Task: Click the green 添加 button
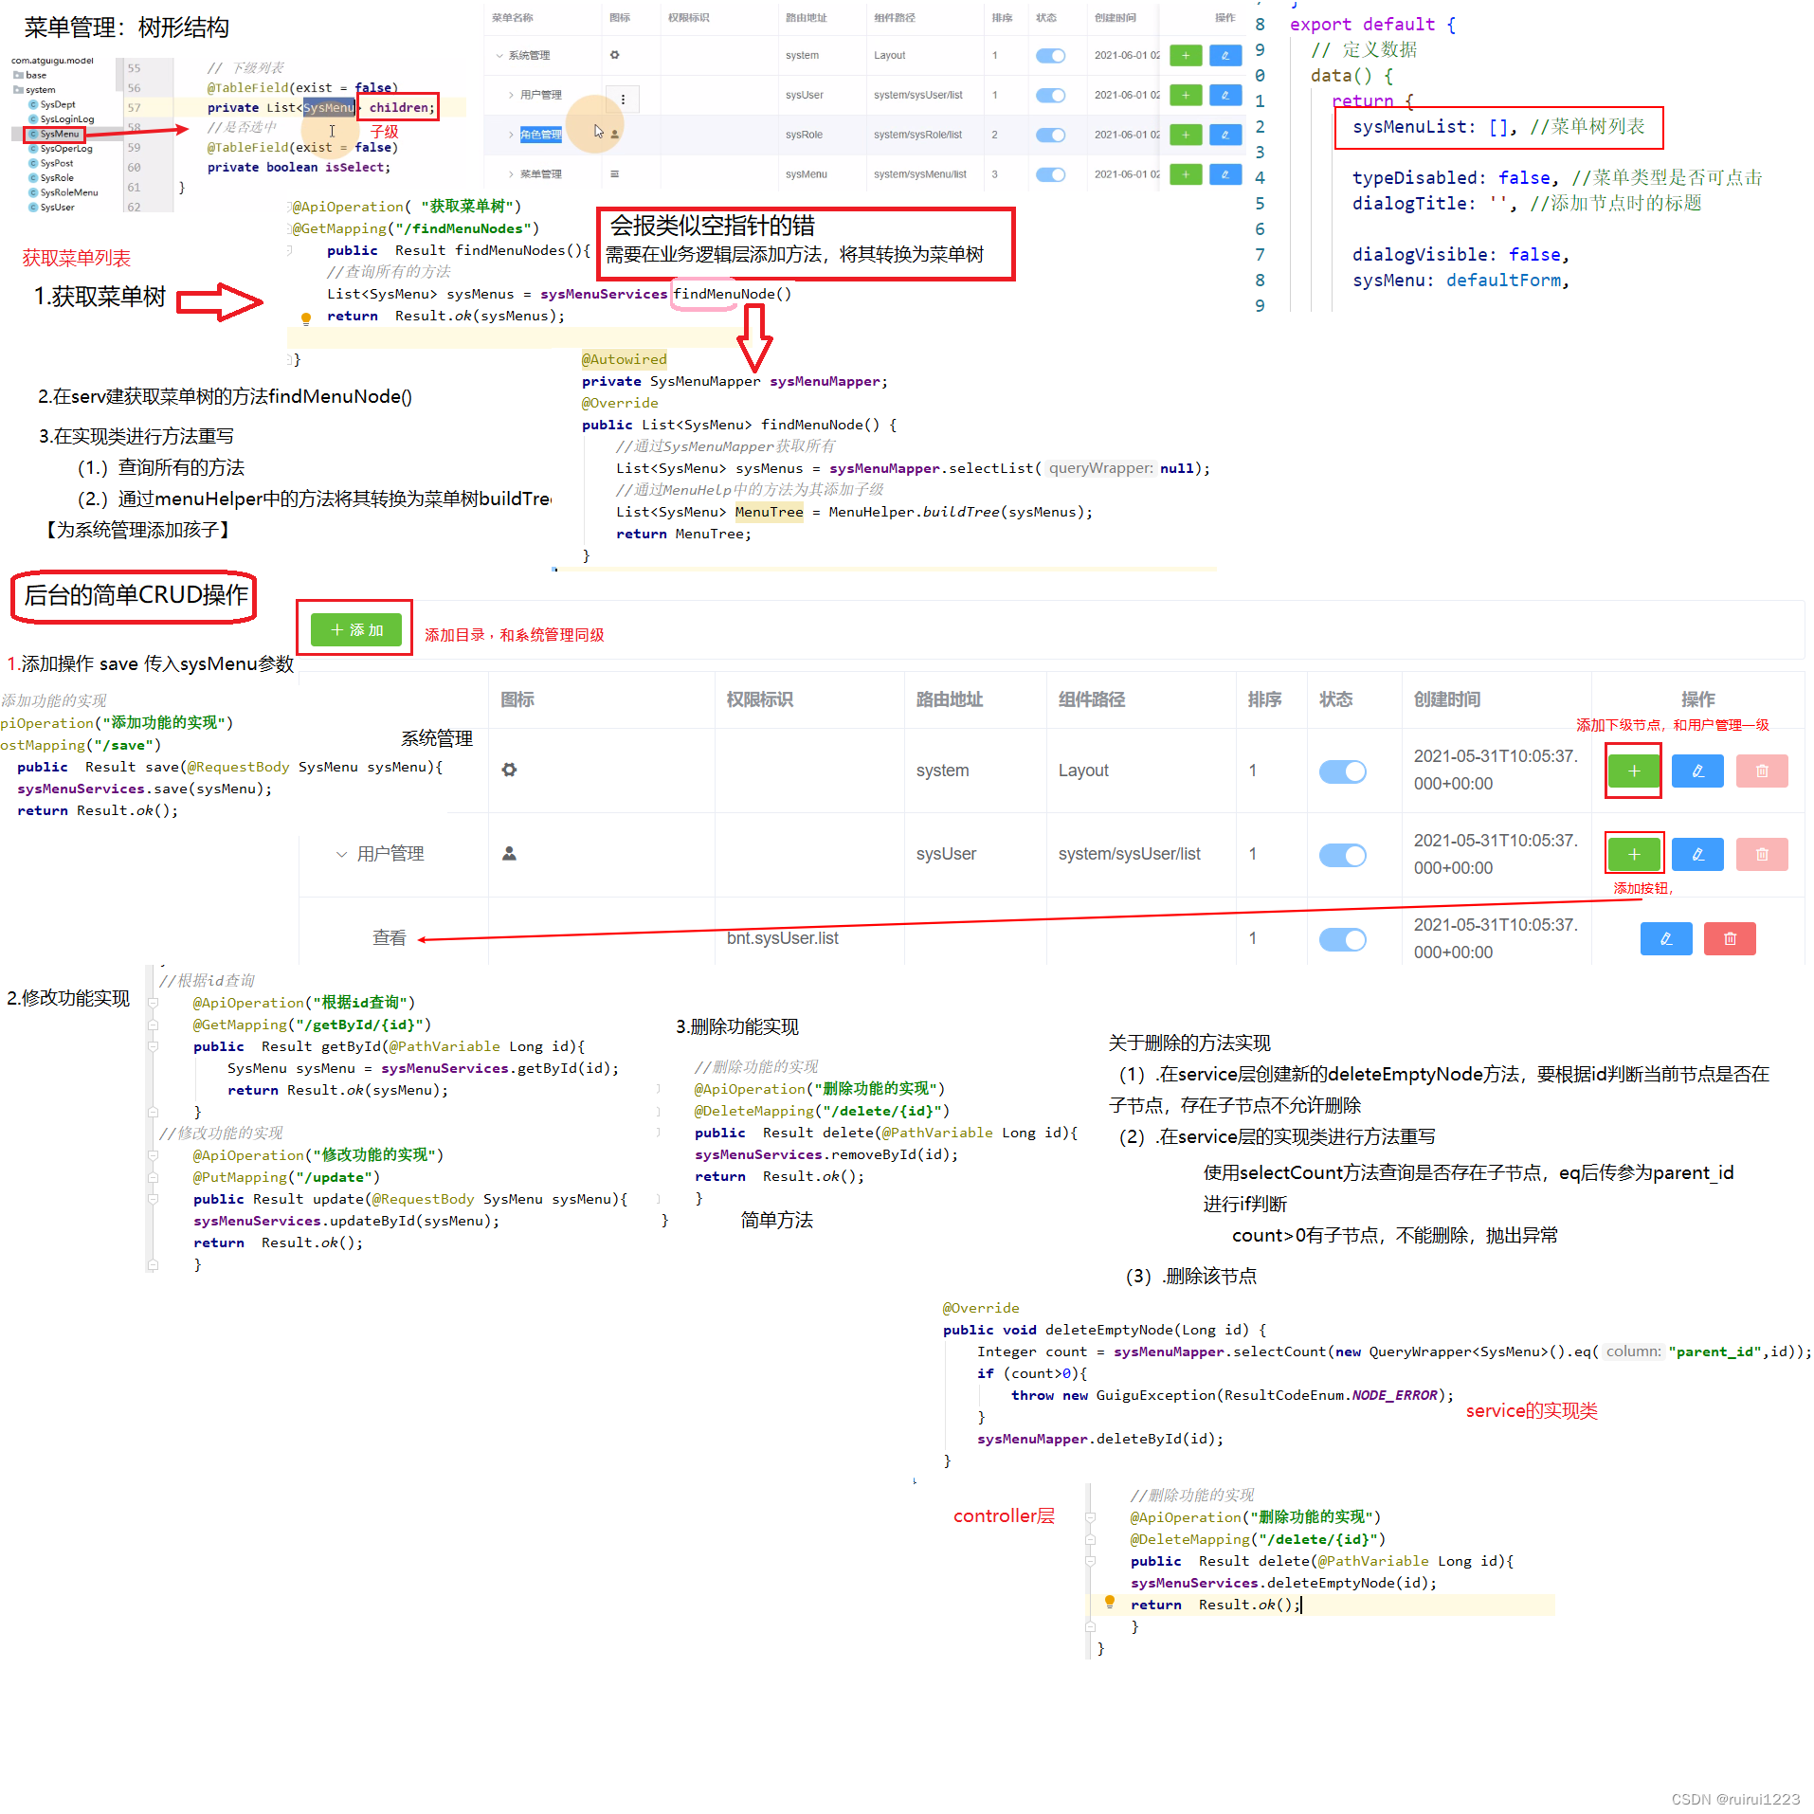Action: point(355,629)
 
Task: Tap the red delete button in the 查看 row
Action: point(1729,938)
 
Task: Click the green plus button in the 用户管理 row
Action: point(1633,854)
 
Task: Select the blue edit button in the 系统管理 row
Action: point(1696,771)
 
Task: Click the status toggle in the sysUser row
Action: point(1342,855)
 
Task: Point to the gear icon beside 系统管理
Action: point(509,770)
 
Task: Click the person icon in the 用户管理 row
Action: point(509,854)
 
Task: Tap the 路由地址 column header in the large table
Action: point(949,699)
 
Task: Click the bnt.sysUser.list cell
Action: point(782,938)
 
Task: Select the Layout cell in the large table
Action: point(1082,771)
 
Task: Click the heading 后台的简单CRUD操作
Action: point(136,595)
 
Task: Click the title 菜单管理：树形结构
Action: point(126,27)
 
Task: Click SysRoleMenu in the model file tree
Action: point(68,192)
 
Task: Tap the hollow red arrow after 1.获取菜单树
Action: point(219,301)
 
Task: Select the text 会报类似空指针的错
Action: point(712,226)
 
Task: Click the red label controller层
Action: point(1003,1515)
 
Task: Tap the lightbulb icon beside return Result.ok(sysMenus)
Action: point(305,318)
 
